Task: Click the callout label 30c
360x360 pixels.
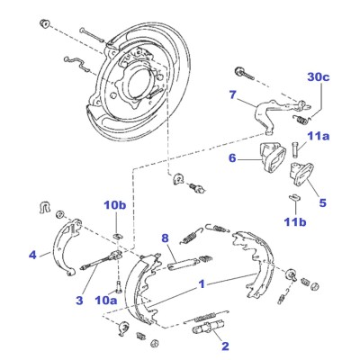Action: [x=319, y=77]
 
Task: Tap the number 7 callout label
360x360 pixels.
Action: [x=233, y=95]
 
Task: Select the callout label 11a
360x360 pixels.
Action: [x=318, y=137]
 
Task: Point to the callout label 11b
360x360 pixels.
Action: [x=295, y=222]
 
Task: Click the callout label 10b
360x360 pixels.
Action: [x=115, y=206]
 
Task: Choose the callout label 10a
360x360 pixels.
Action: [x=106, y=300]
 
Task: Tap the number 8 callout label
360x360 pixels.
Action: [x=165, y=238]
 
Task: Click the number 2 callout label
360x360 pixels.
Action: [x=225, y=346]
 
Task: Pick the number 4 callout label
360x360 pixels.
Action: [x=32, y=256]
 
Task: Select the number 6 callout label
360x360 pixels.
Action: [x=232, y=158]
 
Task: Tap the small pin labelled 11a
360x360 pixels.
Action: [x=295, y=149]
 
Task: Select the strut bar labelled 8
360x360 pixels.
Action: [x=183, y=264]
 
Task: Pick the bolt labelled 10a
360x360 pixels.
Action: [x=117, y=286]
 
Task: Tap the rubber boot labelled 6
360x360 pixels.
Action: [x=272, y=157]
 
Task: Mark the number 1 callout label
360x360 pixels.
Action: [x=202, y=283]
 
